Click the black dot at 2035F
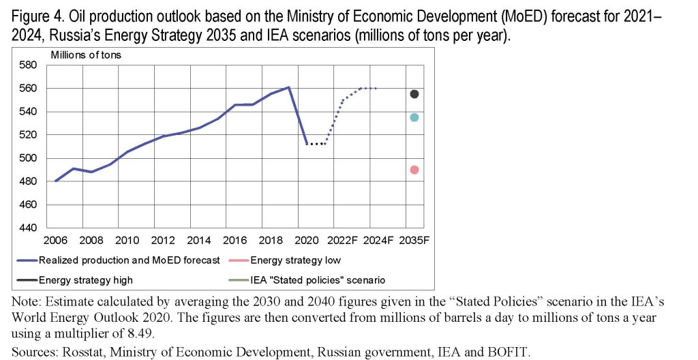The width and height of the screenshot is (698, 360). (x=414, y=94)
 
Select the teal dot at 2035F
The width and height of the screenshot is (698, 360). (x=414, y=117)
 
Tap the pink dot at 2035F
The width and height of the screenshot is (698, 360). (x=414, y=170)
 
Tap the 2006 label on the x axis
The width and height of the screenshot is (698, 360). (x=56, y=241)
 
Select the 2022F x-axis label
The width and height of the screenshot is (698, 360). (x=342, y=241)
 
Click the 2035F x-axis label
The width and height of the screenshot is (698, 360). (x=414, y=241)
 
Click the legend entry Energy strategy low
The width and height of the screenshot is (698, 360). (x=295, y=260)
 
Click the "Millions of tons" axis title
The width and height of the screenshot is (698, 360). (x=86, y=55)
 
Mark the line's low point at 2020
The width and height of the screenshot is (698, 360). (x=307, y=144)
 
